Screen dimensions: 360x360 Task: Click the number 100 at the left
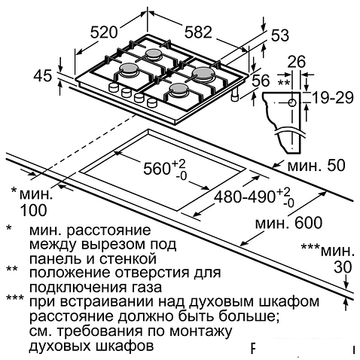click(32, 211)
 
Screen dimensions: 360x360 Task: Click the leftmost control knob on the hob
click(113, 90)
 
